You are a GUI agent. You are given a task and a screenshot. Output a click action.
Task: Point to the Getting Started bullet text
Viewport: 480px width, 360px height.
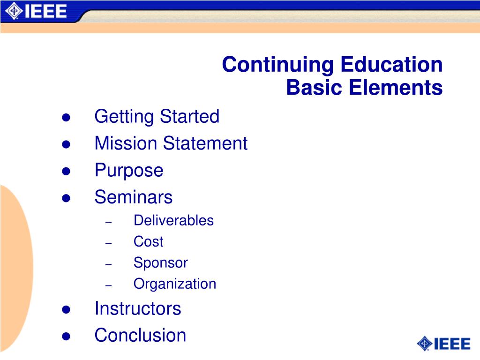click(x=157, y=117)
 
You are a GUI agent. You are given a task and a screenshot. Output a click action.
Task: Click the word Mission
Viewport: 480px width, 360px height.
click(x=126, y=143)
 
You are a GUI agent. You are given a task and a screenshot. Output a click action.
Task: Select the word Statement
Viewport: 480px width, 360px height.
click(x=205, y=143)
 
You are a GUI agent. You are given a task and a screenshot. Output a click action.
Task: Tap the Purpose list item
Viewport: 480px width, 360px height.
click(x=129, y=170)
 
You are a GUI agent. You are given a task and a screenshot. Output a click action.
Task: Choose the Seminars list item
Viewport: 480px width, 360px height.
click(x=134, y=197)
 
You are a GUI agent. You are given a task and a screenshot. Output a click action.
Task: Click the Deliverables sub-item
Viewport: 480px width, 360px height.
click(x=173, y=220)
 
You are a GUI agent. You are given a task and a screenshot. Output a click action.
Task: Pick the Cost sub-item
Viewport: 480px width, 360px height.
click(x=148, y=242)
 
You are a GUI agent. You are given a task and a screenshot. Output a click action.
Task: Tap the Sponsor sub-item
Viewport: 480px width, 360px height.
click(x=160, y=263)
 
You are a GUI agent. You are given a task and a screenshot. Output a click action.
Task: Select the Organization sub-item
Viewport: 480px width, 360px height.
click(x=175, y=284)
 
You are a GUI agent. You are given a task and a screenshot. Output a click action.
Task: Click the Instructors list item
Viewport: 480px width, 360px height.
click(x=137, y=308)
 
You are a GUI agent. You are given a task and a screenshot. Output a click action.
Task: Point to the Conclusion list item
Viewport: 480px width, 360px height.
click(x=140, y=336)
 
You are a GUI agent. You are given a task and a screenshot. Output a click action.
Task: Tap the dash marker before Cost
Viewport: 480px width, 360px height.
click(x=109, y=243)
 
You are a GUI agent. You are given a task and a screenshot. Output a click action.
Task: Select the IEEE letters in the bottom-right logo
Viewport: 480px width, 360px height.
click(x=452, y=344)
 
